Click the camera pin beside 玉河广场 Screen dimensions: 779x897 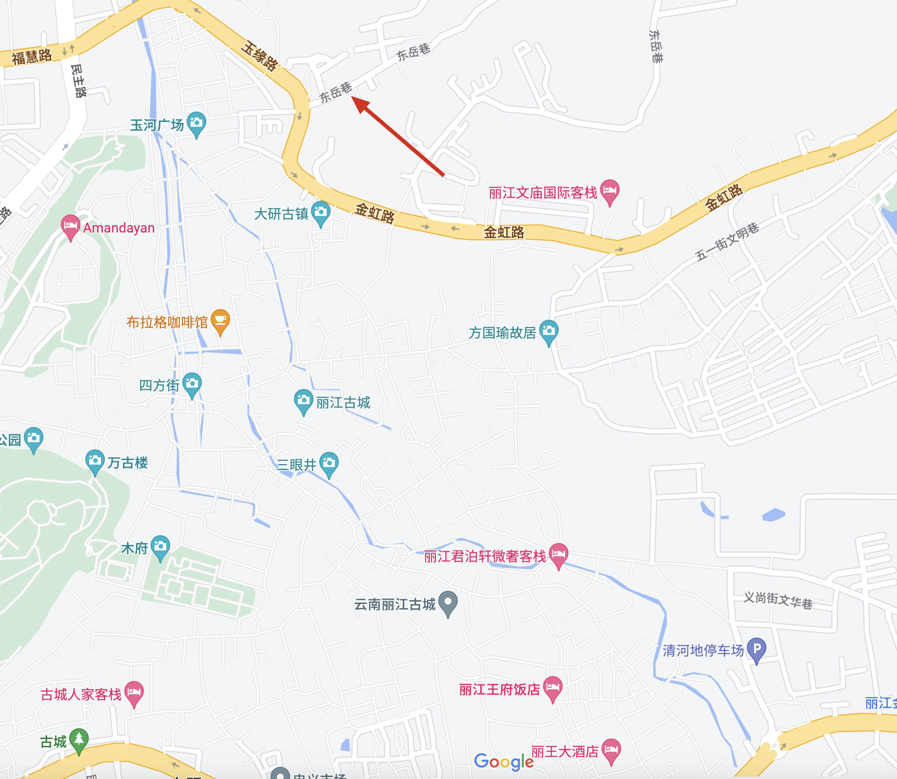196,123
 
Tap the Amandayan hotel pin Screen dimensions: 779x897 70,226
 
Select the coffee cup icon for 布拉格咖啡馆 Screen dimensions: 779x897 220,321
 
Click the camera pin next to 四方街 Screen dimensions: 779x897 192,384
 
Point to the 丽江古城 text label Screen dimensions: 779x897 343,403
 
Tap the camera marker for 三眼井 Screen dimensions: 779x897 329,463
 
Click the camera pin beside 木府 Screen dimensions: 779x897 160,547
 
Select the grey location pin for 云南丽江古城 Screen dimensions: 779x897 448,603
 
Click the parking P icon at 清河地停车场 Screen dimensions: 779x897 757,649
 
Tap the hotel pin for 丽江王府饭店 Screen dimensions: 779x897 553,688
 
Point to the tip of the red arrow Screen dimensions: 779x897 352,97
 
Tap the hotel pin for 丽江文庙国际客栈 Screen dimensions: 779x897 610,191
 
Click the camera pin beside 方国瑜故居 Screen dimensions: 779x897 549,331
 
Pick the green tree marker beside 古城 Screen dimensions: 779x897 79,740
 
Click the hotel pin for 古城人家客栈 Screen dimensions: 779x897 134,693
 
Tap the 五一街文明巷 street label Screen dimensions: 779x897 727,241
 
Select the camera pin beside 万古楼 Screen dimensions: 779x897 95,461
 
